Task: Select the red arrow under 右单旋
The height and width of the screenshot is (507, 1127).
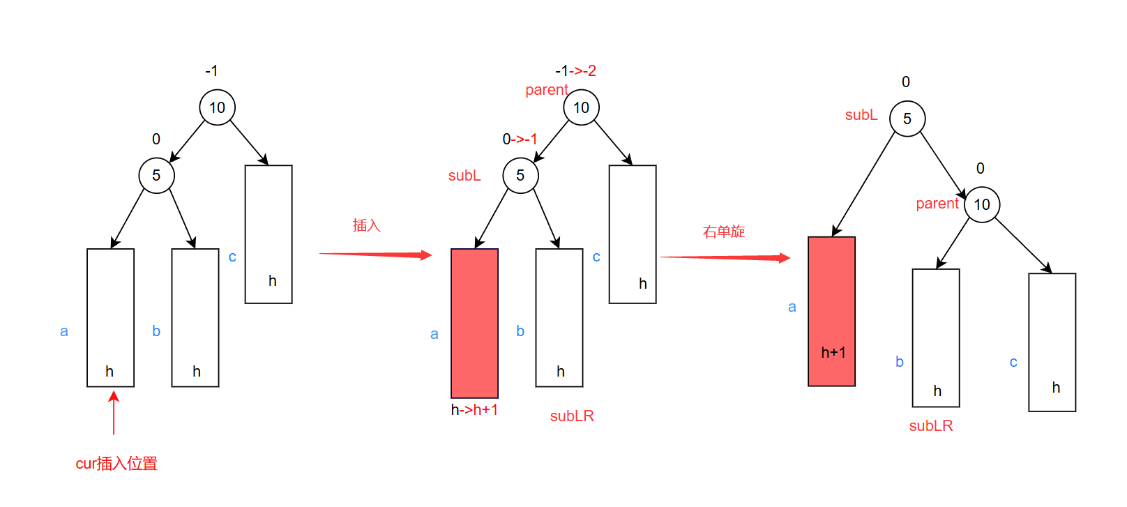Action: click(725, 257)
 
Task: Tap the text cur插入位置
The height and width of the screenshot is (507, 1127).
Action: click(116, 464)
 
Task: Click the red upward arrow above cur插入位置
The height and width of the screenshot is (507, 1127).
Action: click(114, 412)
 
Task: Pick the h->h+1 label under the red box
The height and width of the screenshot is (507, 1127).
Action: click(474, 410)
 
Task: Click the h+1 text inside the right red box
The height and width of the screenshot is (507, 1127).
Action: click(833, 353)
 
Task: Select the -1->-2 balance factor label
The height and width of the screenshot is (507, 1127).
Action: click(575, 71)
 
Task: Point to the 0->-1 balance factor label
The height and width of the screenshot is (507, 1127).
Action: click(520, 139)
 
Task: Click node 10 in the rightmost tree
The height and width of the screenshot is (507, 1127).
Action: click(982, 204)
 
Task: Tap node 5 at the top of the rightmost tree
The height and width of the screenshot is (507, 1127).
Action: click(907, 119)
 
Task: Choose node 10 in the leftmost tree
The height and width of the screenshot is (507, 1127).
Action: click(217, 107)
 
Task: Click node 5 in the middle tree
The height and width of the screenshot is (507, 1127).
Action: click(520, 175)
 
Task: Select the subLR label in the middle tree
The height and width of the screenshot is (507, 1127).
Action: click(572, 416)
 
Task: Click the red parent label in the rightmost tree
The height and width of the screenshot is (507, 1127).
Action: click(937, 204)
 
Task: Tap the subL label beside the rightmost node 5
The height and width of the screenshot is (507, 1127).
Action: click(861, 115)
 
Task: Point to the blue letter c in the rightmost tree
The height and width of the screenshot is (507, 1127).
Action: click(1013, 362)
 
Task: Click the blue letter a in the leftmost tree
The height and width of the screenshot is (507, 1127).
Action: click(64, 331)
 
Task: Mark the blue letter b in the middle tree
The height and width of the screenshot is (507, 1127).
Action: click(520, 331)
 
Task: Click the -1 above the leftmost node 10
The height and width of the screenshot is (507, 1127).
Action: click(211, 71)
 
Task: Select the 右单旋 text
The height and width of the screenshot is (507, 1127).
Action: click(724, 232)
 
